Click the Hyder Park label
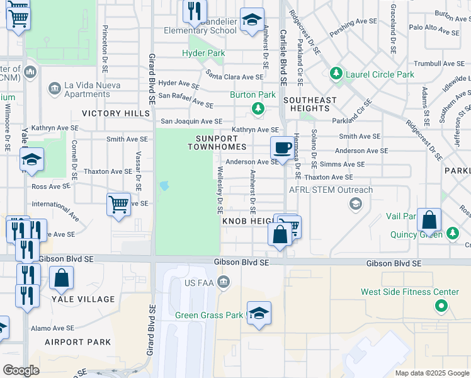click(203, 54)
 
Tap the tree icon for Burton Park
click(258, 109)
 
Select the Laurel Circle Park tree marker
click(336, 74)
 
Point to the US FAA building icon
click(222, 281)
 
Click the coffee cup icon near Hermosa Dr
click(281, 149)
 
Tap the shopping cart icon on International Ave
click(118, 204)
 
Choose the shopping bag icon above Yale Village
click(62, 278)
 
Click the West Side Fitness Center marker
click(441, 306)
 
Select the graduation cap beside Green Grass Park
click(258, 314)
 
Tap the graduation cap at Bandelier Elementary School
click(252, 20)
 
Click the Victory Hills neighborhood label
click(116, 113)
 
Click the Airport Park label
click(77, 342)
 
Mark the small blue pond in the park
click(164, 186)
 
